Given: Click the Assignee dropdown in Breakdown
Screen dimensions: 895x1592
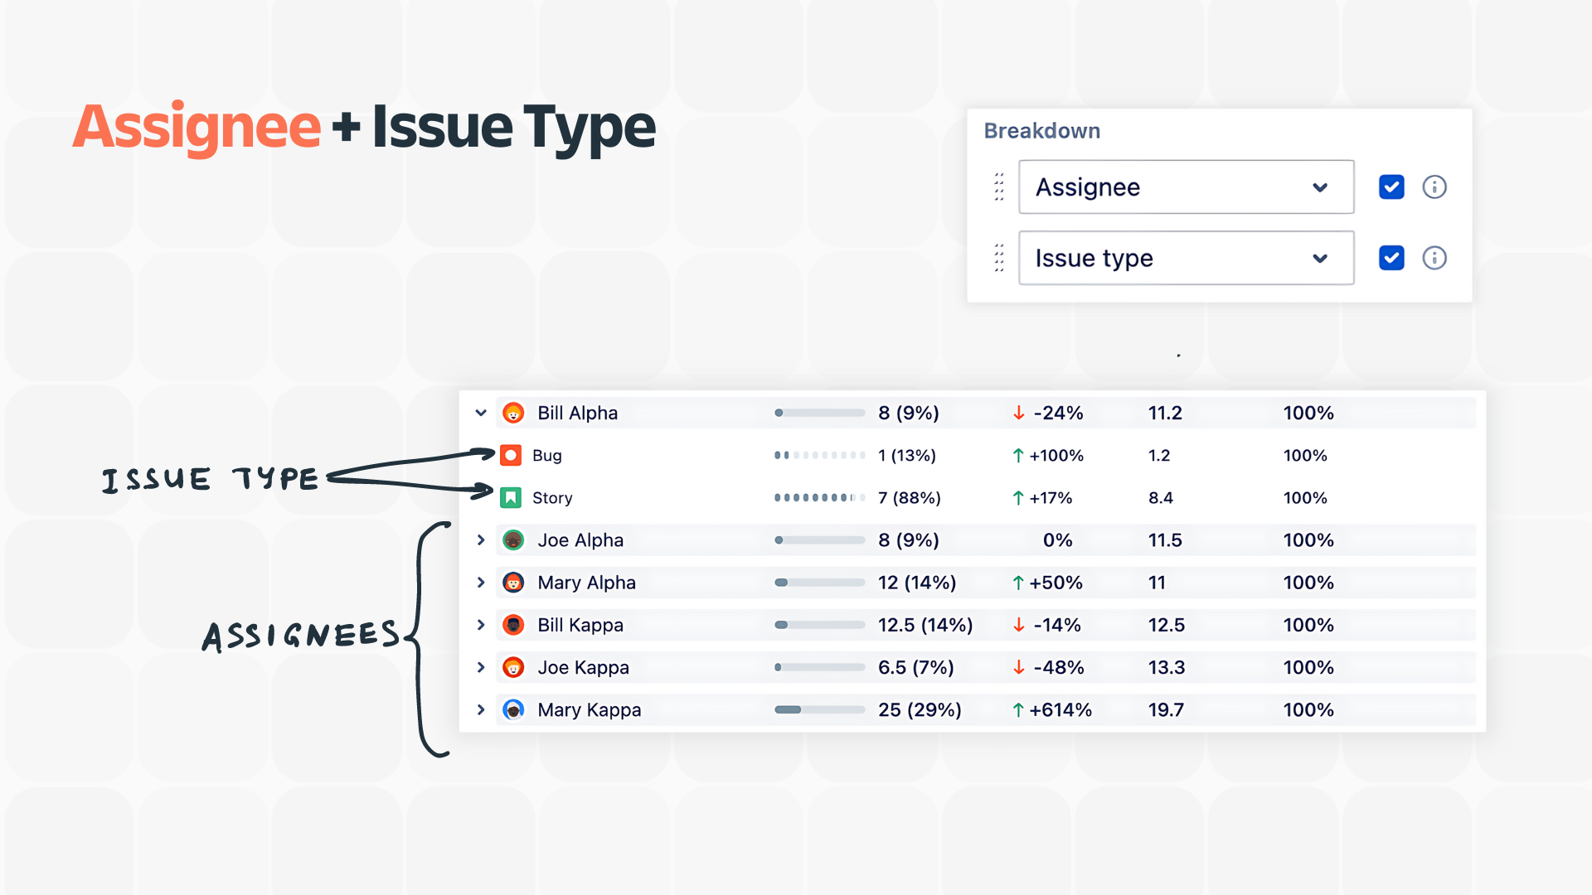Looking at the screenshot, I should (x=1185, y=187).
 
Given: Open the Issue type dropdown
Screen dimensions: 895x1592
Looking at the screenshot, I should (x=1185, y=259).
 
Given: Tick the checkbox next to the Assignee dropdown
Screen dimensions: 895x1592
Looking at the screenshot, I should (x=1391, y=187).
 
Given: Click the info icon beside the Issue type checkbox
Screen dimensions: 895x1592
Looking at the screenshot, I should (x=1434, y=259).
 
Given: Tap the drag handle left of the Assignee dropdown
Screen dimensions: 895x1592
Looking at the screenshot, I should (x=999, y=187).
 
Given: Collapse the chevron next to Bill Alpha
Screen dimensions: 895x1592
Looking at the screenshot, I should (x=481, y=413).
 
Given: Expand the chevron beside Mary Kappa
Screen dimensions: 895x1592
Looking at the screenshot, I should (x=481, y=710).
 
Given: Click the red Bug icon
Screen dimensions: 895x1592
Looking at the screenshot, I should (x=511, y=455).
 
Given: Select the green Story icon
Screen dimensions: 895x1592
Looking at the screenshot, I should (x=511, y=498).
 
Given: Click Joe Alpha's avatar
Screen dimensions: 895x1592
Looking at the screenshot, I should (x=513, y=540).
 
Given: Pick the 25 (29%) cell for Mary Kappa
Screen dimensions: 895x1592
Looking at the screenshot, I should (x=920, y=710).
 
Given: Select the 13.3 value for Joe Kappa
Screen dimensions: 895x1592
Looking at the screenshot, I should (x=1166, y=668).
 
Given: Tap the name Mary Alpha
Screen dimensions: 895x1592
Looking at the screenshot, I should (x=586, y=583).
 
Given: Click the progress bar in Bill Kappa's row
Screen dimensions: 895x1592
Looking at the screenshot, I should (x=819, y=625).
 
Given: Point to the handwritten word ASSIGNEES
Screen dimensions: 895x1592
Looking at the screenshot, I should (x=301, y=636).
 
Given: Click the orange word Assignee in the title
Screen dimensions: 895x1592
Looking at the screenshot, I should (x=197, y=128).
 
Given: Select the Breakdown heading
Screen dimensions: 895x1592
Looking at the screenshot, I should (x=1041, y=131).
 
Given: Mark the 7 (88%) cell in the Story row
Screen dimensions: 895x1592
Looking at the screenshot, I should (x=909, y=498).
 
